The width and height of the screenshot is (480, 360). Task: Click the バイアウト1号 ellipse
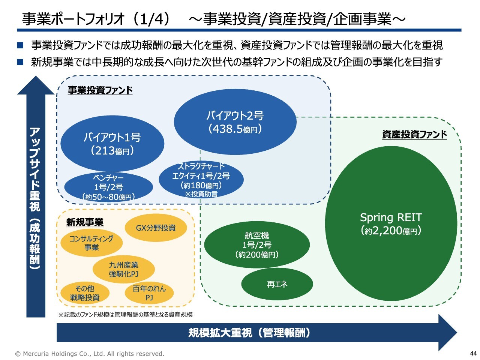coord(112,144)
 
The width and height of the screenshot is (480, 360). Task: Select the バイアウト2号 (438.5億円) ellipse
coord(235,122)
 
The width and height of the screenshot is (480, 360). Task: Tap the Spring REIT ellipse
coord(391,223)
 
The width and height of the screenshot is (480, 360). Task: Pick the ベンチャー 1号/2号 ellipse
coord(108,187)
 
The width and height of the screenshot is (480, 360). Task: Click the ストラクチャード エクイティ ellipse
coord(201,180)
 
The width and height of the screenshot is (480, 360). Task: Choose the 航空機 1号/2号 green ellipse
coord(257,245)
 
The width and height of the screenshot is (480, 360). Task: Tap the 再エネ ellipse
coord(277,284)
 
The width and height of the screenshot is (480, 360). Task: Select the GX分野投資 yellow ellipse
coord(156,228)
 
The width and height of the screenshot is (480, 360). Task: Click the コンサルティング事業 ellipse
coord(91,243)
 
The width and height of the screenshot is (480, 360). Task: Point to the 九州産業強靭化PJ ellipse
coord(123,269)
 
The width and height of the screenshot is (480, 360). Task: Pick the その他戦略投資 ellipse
coord(85,293)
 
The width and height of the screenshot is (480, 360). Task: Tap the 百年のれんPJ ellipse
coord(149,293)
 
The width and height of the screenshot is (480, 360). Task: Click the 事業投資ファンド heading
coord(100,90)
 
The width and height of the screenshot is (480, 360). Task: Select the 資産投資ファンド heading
coord(414,134)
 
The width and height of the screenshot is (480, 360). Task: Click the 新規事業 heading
coord(85,222)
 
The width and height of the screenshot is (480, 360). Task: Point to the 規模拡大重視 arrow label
coord(249,333)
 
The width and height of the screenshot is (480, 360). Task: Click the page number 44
coord(473,353)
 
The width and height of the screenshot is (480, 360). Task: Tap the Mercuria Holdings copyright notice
coord(90,354)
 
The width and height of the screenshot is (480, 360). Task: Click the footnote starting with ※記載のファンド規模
coord(125,315)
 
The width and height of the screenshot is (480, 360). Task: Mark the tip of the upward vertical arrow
coord(36,77)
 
